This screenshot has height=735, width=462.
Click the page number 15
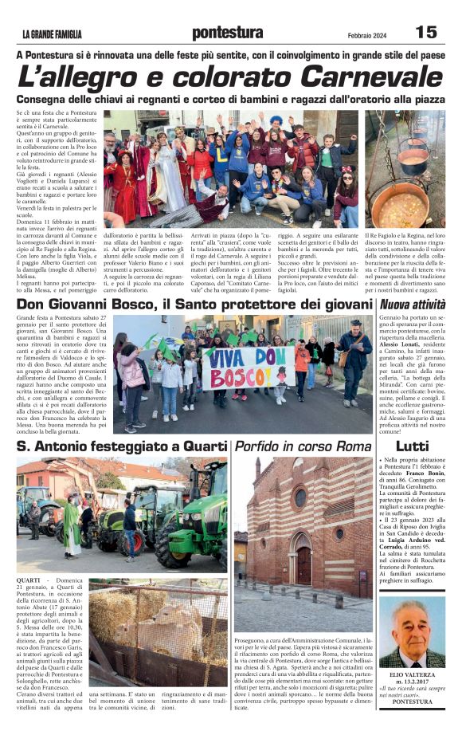point(426,32)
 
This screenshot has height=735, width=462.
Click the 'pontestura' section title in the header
point(228,33)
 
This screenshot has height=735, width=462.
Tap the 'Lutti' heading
point(412,446)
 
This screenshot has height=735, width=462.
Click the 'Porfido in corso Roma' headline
point(292,446)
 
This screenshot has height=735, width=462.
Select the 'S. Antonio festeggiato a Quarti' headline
point(122,446)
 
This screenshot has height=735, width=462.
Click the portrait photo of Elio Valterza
point(412,633)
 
